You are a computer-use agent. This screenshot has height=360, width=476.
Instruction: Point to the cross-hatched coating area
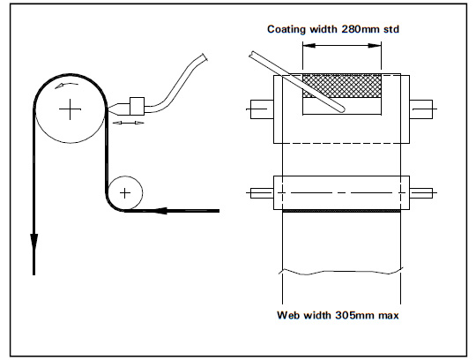342,86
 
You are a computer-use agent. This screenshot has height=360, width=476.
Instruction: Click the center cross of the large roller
69,109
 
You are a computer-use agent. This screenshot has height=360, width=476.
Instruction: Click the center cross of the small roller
126,191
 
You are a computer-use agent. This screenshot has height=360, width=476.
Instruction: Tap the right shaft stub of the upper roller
423,109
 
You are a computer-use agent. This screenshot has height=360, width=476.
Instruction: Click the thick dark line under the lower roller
342,211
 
